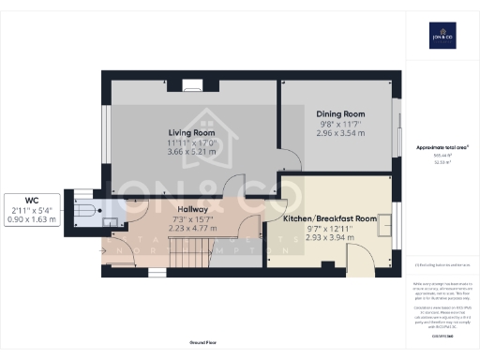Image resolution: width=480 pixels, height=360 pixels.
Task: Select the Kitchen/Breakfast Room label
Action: [330, 218]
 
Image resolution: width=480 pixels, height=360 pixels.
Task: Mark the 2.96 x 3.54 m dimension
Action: [339, 134]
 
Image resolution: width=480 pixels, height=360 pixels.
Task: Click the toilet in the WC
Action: [85, 211]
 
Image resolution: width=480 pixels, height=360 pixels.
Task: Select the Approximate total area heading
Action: [441, 147]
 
